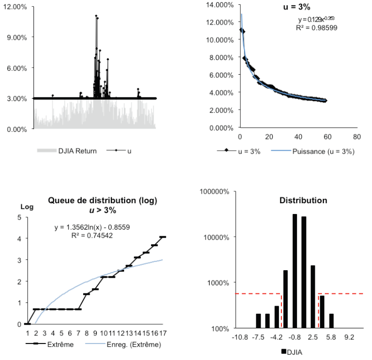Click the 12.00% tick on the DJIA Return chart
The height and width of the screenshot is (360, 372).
pos(16,7)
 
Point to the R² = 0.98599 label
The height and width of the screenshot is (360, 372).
pos(316,28)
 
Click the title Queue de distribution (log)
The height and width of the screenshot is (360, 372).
pos(102,201)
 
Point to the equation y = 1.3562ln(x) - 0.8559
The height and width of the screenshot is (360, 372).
pos(92,227)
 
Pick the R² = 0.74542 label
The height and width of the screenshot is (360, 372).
pos(92,235)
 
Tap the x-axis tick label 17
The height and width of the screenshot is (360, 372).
pos(163,334)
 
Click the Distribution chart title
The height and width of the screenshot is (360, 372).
pos(303,200)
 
